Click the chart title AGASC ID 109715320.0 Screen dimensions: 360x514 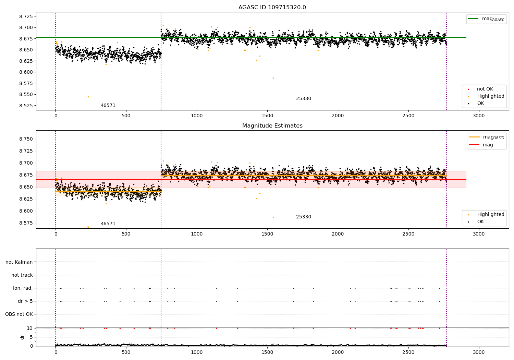(272, 8)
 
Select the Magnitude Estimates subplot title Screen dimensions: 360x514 (272, 126)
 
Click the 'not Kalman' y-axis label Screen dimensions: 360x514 (19, 262)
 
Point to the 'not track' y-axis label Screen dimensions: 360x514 (22, 275)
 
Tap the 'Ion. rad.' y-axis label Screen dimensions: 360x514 (23, 288)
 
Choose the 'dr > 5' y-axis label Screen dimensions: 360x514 (25, 301)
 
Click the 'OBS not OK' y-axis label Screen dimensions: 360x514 (19, 314)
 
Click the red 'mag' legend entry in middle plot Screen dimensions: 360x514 (488, 145)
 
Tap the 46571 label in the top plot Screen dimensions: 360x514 (108, 106)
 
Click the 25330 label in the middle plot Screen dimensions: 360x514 (304, 217)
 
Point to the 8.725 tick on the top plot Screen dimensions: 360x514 (25, 16)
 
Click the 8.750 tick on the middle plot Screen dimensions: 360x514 (25, 139)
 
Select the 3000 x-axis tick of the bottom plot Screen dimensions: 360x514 (479, 352)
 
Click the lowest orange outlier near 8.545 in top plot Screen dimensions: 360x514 (88, 97)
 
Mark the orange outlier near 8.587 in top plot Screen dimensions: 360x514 (273, 78)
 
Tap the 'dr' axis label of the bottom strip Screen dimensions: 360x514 (22, 337)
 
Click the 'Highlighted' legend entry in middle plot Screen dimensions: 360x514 (490, 215)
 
